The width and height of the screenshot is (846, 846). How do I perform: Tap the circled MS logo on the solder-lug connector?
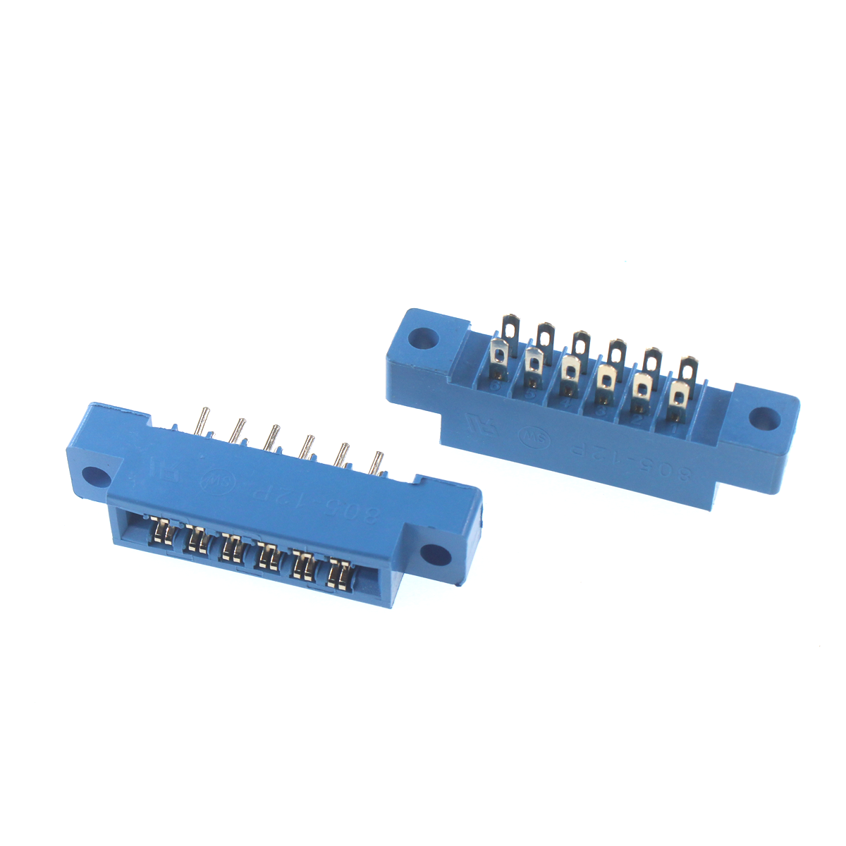[529, 436]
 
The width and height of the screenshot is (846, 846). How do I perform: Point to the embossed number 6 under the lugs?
[496, 386]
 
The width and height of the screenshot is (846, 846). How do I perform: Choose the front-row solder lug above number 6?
[499, 354]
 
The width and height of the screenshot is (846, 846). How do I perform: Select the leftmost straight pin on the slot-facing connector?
[203, 422]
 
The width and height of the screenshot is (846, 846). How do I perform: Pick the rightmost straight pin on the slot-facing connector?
[377, 462]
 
